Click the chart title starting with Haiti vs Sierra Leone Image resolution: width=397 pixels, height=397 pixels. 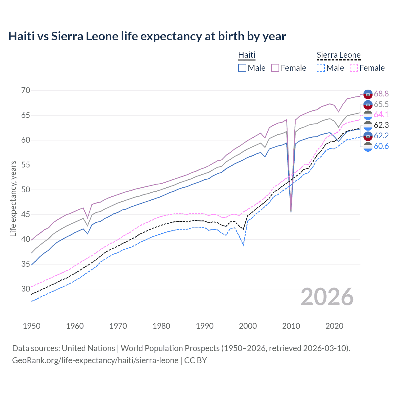147,36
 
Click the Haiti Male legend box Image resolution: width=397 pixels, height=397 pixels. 242,68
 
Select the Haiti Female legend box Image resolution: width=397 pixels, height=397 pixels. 275,68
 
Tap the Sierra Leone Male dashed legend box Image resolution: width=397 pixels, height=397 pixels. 321,68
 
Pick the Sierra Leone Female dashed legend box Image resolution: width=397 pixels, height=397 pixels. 354,68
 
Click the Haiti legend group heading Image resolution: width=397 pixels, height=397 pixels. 247,55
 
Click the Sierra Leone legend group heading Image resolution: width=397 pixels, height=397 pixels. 338,55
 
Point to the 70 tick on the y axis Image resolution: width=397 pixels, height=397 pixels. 26,91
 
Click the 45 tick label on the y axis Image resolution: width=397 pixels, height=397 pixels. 26,215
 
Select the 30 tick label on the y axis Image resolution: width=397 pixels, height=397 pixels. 26,289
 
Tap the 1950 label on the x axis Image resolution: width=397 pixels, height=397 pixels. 32,326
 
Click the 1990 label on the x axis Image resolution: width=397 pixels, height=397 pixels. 205,326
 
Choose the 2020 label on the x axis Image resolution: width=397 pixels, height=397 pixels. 334,326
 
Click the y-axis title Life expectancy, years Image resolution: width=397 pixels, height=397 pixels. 13,198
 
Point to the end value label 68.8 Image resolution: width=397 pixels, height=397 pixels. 381,94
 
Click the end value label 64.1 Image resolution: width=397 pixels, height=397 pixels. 381,115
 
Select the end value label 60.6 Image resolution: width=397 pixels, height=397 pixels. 381,146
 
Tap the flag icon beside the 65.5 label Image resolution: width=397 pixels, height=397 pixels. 368,105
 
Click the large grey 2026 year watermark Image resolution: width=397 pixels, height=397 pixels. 327,297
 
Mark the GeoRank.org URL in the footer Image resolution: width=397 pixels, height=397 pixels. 95,360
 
